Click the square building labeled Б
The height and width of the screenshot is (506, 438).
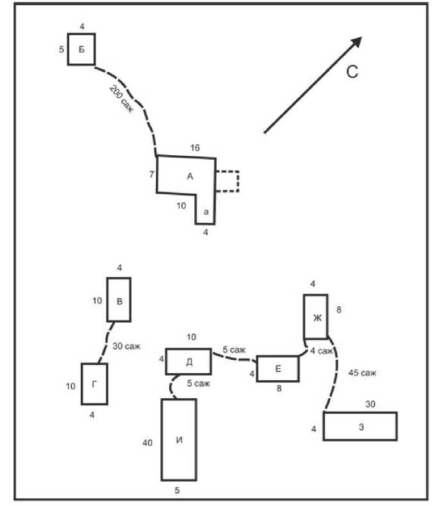tap(81, 49)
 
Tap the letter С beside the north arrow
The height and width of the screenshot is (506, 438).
tap(352, 72)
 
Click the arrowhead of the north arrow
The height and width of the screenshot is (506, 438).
tap(357, 42)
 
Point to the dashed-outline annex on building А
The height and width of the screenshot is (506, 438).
tap(227, 181)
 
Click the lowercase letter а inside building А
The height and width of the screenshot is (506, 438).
tap(205, 212)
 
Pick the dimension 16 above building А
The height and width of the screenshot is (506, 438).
tap(195, 148)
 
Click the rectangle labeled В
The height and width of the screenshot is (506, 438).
tap(119, 299)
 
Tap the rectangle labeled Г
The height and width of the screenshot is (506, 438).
tap(94, 384)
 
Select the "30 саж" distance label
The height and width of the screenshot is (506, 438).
tap(126, 346)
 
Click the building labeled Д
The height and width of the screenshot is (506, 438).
tap(189, 361)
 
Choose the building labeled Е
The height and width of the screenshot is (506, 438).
tap(278, 369)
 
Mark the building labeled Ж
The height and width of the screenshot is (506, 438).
tap(316, 316)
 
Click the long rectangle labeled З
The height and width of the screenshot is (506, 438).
tap(360, 426)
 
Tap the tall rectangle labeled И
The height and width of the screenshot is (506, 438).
tap(178, 439)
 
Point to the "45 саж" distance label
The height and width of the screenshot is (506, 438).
tap(362, 372)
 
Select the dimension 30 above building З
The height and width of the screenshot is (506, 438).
tap(371, 404)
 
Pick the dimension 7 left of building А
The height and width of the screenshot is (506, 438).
tap(152, 173)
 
